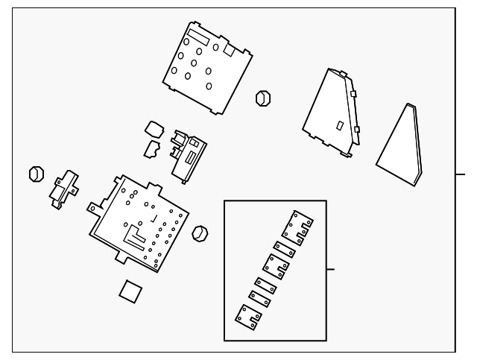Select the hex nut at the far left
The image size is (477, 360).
(36, 174)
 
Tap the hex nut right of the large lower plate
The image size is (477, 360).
(200, 233)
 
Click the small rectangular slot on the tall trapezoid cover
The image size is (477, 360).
(340, 126)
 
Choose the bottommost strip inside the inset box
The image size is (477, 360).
(247, 316)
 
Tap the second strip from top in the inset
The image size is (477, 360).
(287, 248)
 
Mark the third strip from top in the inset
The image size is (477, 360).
(276, 264)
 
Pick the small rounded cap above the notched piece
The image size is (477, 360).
(155, 128)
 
